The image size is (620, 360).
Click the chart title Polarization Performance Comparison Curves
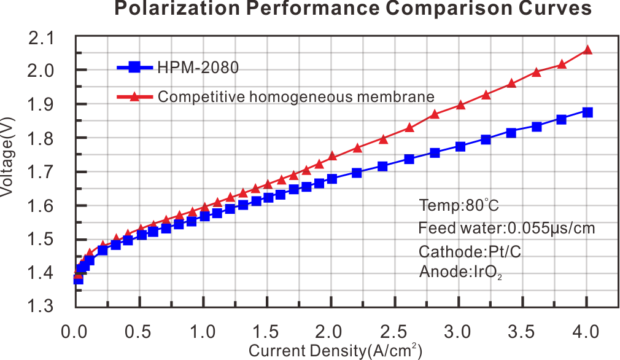click(x=353, y=9)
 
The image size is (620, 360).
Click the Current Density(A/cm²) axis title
click(x=335, y=351)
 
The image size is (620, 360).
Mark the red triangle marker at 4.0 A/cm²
click(x=587, y=50)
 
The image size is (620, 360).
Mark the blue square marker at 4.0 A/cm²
click(x=587, y=112)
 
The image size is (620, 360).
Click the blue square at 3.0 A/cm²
click(x=460, y=146)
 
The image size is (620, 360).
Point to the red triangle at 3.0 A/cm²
click(x=460, y=106)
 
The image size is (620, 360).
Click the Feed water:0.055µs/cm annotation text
click(x=506, y=229)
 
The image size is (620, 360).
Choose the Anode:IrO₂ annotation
click(x=461, y=272)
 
